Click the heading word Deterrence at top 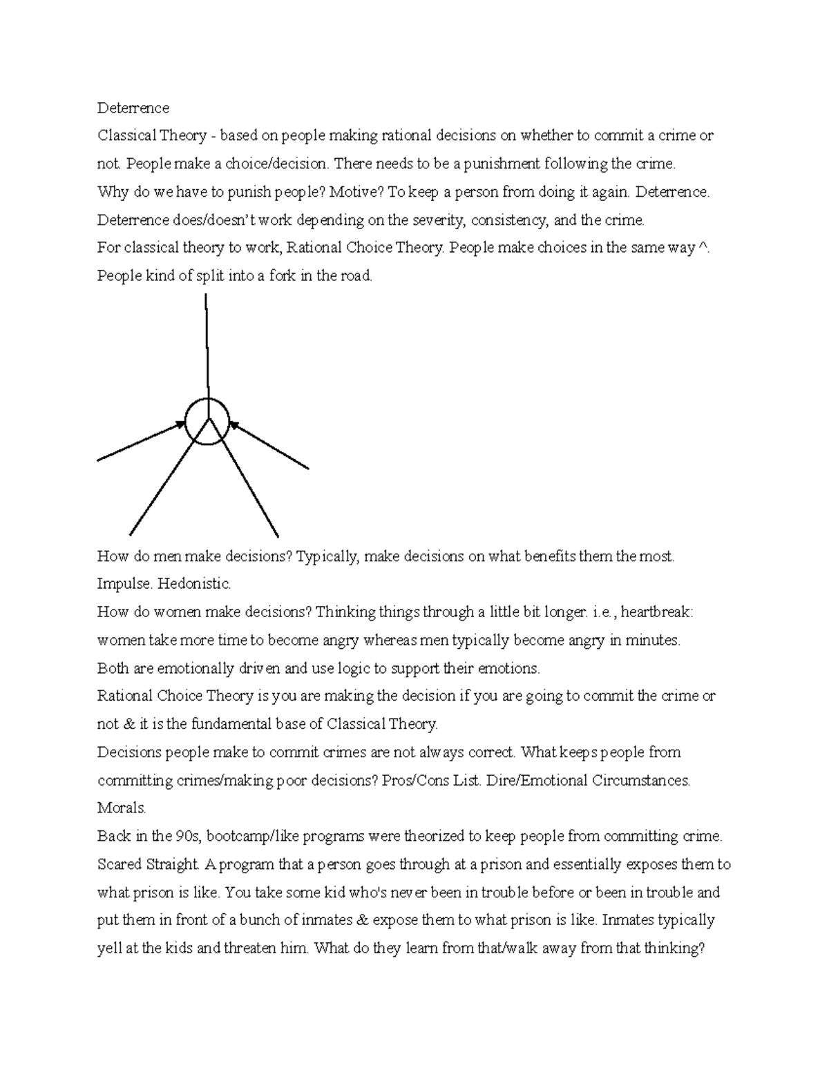pos(133,108)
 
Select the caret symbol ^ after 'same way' pos(703,248)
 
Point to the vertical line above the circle pos(207,345)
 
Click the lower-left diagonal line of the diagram pos(166,483)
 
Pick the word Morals pos(122,808)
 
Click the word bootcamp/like pos(249,837)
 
